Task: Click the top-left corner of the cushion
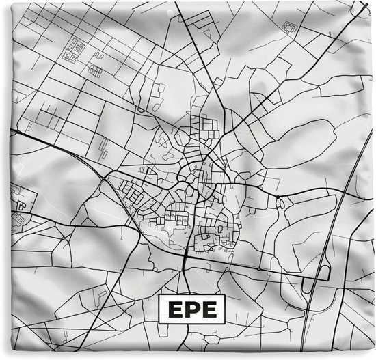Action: tap(3, 3)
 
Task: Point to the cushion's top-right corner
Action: tap(373, 2)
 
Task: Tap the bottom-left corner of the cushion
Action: tap(3, 357)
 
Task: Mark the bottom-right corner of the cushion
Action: tap(373, 357)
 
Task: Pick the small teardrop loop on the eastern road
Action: tap(280, 202)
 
